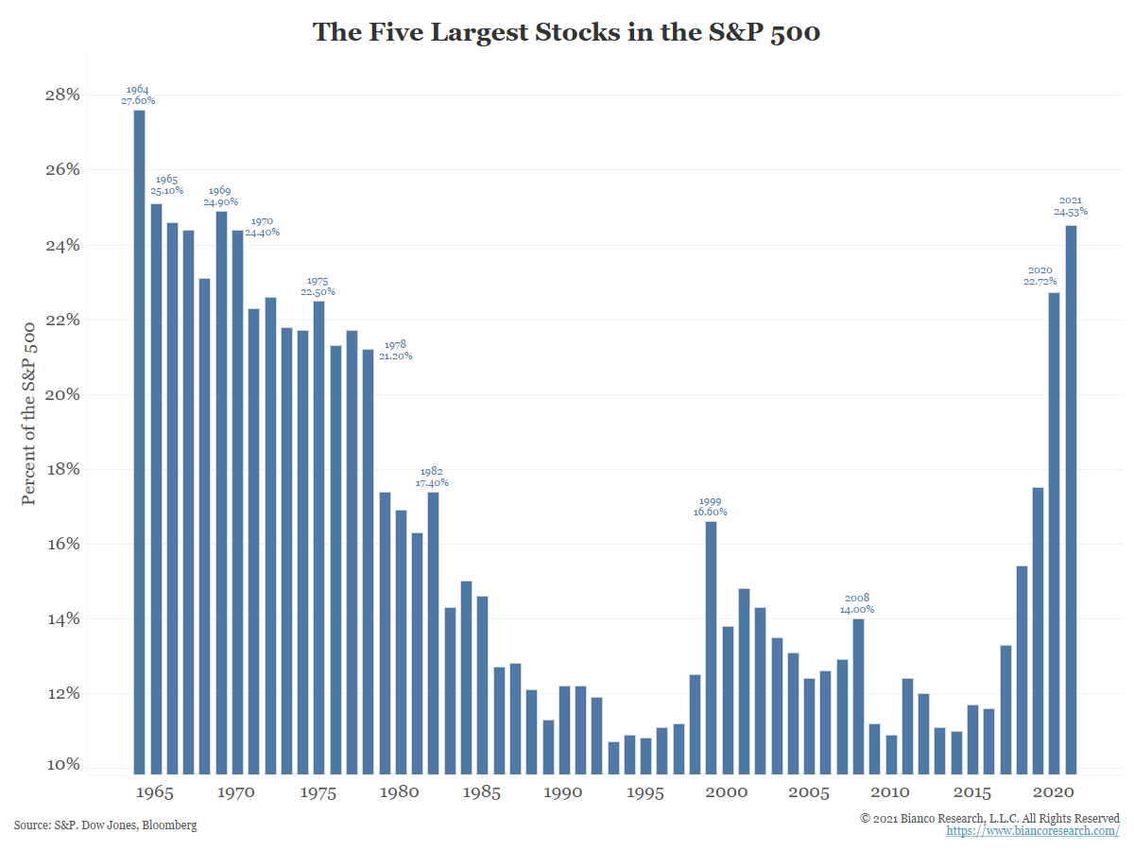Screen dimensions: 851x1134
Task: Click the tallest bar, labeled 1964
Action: (139, 441)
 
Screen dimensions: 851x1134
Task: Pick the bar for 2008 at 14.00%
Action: (858, 695)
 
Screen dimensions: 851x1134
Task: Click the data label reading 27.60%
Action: (139, 100)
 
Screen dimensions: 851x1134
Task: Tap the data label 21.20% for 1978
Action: (395, 356)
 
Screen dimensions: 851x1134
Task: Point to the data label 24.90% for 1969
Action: (220, 201)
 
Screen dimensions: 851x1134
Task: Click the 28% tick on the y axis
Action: (60, 95)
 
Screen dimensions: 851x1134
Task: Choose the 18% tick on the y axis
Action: (60, 470)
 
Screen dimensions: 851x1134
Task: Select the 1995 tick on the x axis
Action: (645, 792)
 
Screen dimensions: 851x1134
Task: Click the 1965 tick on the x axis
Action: (155, 792)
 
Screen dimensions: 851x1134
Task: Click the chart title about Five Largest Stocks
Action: (566, 32)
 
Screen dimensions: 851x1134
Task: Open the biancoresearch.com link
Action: (1032, 831)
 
